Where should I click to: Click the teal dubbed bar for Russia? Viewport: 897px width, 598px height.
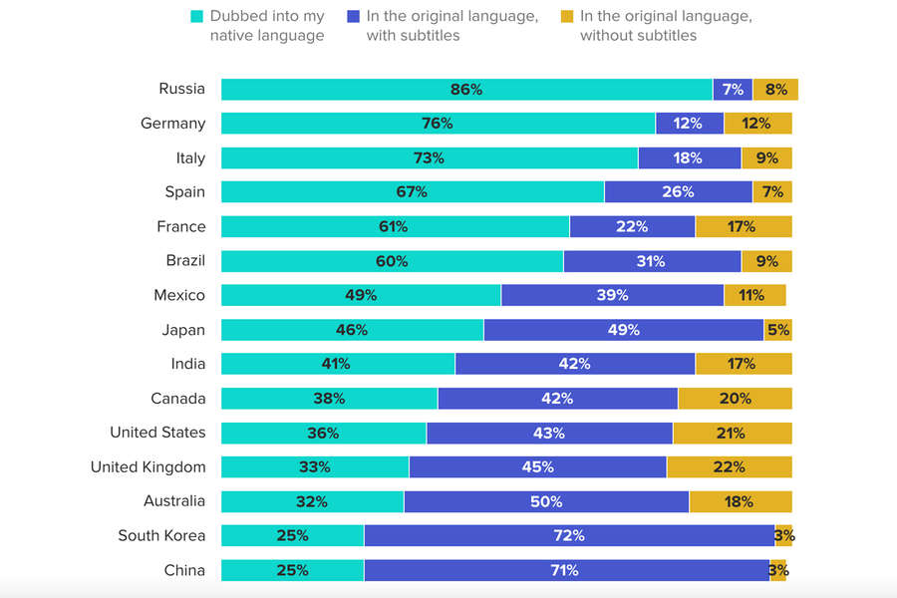pyautogui.click(x=466, y=90)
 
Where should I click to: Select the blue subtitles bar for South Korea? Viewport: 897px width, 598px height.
pyautogui.click(x=569, y=536)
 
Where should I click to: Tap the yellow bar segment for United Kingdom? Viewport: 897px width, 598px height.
pyautogui.click(x=729, y=467)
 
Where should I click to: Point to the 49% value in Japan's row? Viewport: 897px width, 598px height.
pyautogui.click(x=624, y=330)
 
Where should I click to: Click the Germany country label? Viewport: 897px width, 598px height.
pyautogui.click(x=173, y=124)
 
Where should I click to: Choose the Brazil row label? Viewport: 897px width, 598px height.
pyautogui.click(x=185, y=261)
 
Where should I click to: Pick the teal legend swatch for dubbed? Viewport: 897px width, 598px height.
pyautogui.click(x=195, y=17)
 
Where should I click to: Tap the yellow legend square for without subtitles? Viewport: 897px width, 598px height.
pyautogui.click(x=566, y=17)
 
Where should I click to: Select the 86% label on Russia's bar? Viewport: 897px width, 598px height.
pyautogui.click(x=466, y=90)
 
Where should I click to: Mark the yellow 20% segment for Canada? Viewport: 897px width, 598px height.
pyautogui.click(x=735, y=399)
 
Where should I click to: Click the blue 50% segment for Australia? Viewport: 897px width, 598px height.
pyautogui.click(x=546, y=501)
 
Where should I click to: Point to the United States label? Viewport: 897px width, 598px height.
pyautogui.click(x=157, y=433)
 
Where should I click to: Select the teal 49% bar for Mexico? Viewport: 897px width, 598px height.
pyautogui.click(x=361, y=295)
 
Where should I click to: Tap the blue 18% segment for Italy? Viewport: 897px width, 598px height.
pyautogui.click(x=689, y=158)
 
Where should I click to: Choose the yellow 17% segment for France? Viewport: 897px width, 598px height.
pyautogui.click(x=743, y=227)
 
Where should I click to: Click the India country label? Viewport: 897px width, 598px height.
pyautogui.click(x=188, y=364)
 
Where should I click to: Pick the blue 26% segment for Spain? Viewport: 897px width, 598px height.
pyautogui.click(x=678, y=192)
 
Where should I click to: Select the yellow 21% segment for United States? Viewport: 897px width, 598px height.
pyautogui.click(x=732, y=434)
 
